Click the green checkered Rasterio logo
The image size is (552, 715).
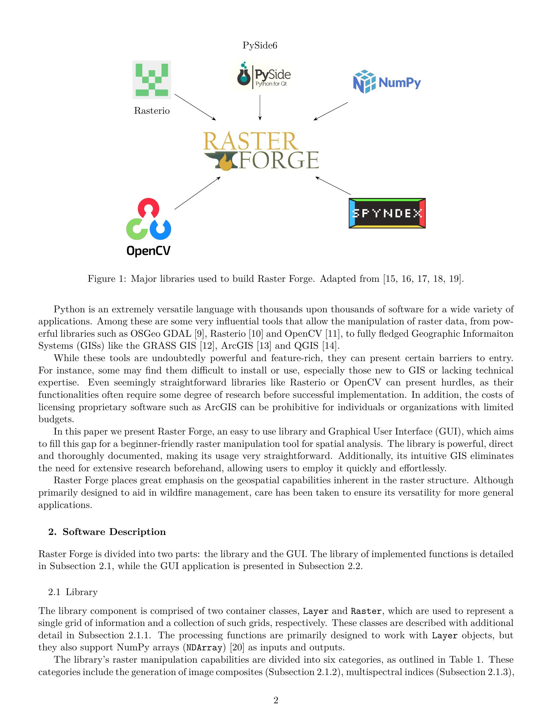[x=152, y=80]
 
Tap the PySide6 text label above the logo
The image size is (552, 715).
[x=260, y=45]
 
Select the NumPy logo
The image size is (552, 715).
[x=387, y=82]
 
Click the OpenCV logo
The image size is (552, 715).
[x=148, y=227]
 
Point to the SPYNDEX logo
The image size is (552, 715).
[x=387, y=213]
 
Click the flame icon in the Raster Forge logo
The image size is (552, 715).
[x=225, y=163]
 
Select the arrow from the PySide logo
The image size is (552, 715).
[x=260, y=108]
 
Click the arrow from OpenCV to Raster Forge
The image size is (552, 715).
[x=197, y=193]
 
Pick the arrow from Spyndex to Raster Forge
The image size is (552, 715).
[x=333, y=186]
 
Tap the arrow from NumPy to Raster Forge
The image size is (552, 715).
[x=331, y=111]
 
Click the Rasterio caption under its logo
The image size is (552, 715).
[x=152, y=111]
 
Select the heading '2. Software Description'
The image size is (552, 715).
[x=107, y=532]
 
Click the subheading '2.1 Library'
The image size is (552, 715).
[x=73, y=592]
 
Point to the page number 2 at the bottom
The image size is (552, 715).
[x=276, y=700]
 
